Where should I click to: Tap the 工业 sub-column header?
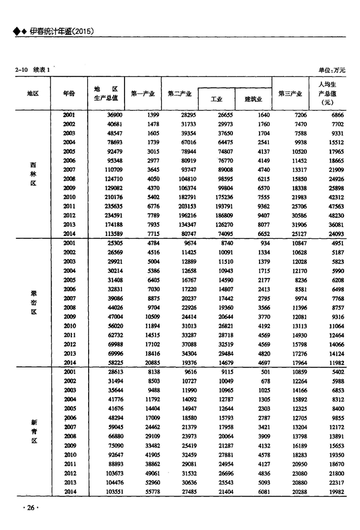[216, 99]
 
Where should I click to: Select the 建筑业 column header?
[253, 99]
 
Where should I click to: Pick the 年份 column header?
[69, 93]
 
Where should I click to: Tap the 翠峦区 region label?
[33, 302]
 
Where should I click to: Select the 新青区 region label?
[33, 431]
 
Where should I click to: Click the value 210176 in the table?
[110, 197]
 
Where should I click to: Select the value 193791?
[218, 206]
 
